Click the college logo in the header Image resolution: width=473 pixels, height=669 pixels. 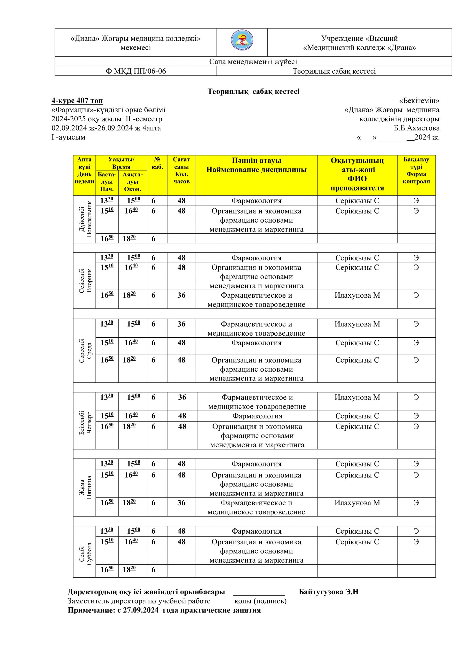tap(242, 41)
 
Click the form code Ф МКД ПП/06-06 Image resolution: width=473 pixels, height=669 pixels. tap(136, 71)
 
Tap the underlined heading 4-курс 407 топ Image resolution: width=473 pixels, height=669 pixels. tap(77, 101)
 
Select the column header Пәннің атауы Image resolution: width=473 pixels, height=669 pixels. tap(256, 160)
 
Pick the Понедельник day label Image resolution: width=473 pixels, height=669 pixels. tap(89, 219)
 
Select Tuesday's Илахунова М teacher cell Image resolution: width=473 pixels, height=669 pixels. tap(357, 296)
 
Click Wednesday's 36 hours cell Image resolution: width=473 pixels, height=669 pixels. tap(182, 324)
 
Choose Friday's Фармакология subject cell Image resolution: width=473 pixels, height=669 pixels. tap(256, 464)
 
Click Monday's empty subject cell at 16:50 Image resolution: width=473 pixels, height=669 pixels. tap(256, 239)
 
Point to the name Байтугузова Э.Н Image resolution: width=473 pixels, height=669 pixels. tap(329, 592)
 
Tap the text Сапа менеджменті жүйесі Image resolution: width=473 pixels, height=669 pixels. tap(253, 61)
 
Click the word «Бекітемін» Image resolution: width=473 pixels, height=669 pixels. tap(419, 101)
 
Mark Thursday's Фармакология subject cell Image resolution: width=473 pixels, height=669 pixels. tap(257, 416)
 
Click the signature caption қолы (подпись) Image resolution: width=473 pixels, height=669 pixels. tap(260, 601)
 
